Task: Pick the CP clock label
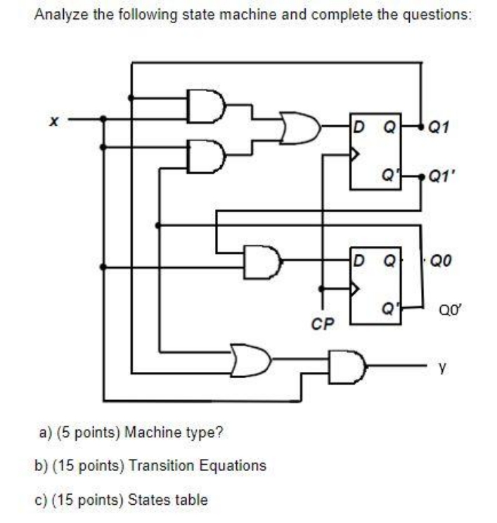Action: pos(321,325)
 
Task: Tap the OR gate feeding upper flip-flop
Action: pos(299,128)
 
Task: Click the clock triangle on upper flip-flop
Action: pos(356,155)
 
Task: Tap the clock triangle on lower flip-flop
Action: pos(356,288)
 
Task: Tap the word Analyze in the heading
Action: pos(60,14)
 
